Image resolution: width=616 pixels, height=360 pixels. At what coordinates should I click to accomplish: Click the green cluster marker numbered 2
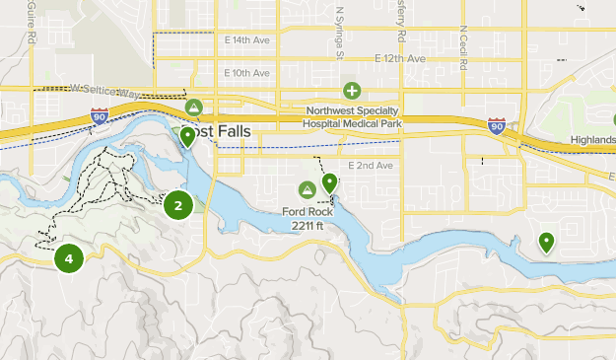pos(178,205)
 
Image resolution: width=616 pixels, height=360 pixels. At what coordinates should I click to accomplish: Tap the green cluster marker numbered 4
pos(68,259)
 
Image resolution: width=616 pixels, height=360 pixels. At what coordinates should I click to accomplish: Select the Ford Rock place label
pos(306,211)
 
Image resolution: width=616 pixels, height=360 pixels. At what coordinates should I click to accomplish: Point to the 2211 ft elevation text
pos(311,226)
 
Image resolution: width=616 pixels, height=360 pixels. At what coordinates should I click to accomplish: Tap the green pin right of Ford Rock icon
pos(329,182)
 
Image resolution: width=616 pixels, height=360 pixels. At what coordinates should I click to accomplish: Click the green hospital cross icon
pos(352,91)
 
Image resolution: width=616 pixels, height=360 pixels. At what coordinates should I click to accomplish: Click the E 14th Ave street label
pos(246,40)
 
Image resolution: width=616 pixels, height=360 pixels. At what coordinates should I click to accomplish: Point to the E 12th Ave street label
pos(400,59)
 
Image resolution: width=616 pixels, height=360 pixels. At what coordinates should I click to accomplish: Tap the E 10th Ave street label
pos(246,73)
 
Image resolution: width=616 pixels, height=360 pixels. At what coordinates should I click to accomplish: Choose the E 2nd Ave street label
pos(370,165)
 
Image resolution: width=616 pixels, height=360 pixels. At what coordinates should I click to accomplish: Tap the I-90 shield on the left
pos(99,116)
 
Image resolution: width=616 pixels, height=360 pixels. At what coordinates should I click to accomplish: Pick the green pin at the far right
pos(546,241)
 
